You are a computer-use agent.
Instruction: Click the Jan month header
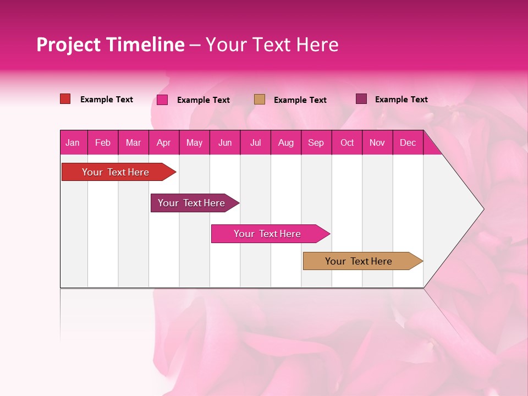[73, 142]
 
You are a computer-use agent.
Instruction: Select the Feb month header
[103, 142]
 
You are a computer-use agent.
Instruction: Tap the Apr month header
[163, 142]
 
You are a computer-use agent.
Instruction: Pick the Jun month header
[225, 142]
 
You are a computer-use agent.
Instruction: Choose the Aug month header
[286, 142]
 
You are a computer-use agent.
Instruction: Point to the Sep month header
[316, 142]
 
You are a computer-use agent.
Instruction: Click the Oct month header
[347, 142]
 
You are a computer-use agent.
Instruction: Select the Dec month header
[408, 142]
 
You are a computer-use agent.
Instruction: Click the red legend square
[65, 99]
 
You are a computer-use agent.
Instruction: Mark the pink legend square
[162, 100]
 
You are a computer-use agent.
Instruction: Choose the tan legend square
[260, 99]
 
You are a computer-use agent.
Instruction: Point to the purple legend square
[361, 99]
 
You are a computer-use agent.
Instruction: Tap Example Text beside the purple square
[401, 100]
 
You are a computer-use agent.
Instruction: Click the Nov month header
[377, 142]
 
